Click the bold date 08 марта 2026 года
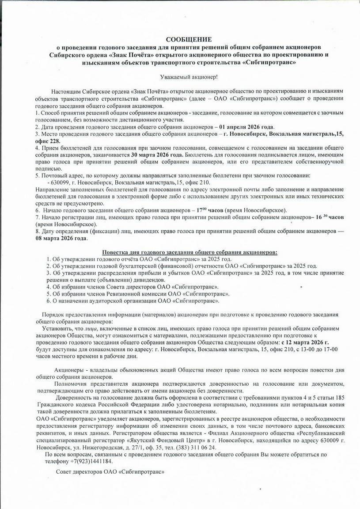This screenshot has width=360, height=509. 62,238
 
